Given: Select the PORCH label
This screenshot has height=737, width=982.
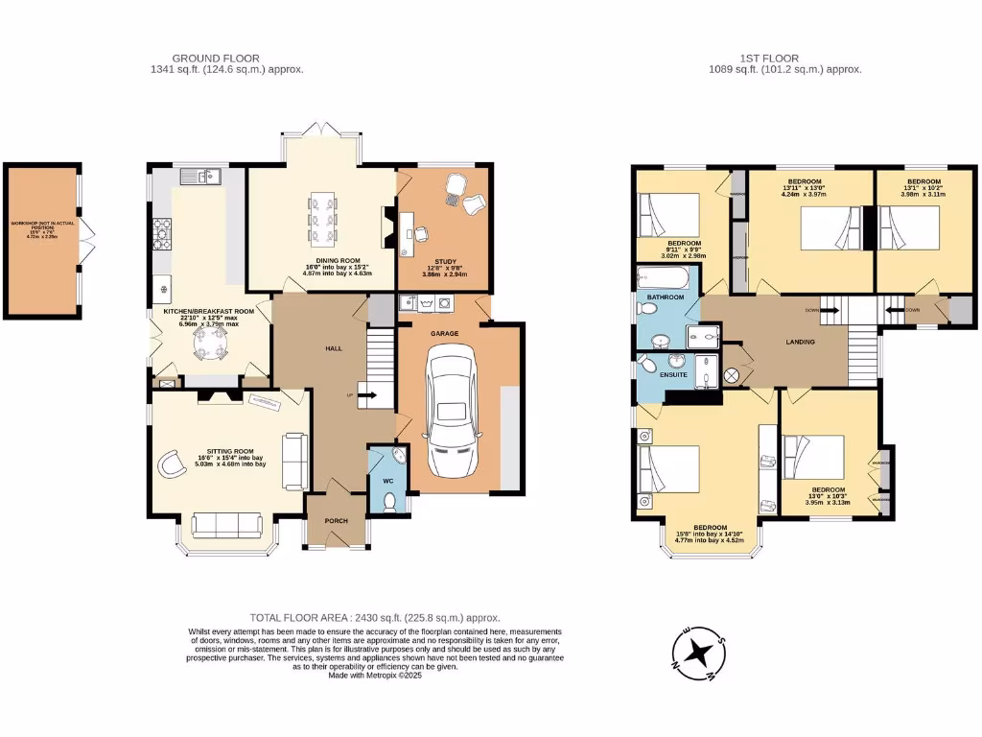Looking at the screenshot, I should point(336,521).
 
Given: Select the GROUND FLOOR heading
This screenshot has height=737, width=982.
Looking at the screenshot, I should point(215,59).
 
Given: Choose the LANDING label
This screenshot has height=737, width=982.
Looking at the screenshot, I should point(800,342).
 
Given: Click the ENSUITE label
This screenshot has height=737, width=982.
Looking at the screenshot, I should point(672,373).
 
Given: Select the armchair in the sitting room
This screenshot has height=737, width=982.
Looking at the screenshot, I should point(173,463).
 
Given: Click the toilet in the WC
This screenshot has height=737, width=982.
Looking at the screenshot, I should point(387,500).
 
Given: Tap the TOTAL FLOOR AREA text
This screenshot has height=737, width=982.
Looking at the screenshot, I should point(375,618).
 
